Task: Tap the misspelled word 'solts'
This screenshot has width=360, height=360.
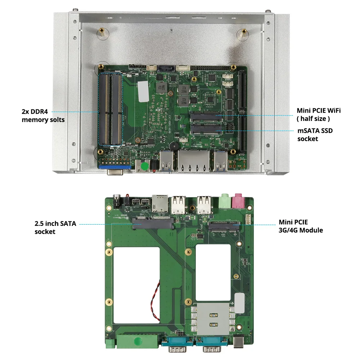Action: pyautogui.click(x=55, y=120)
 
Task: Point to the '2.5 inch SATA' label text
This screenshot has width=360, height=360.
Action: pyautogui.click(x=55, y=224)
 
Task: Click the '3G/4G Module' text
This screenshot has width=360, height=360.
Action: pyautogui.click(x=301, y=230)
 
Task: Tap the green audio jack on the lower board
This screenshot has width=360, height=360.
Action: pyautogui.click(x=225, y=201)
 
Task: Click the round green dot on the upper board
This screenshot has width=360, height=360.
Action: pyautogui.click(x=144, y=166)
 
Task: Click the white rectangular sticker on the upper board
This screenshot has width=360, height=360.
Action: pyautogui.click(x=143, y=91)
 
